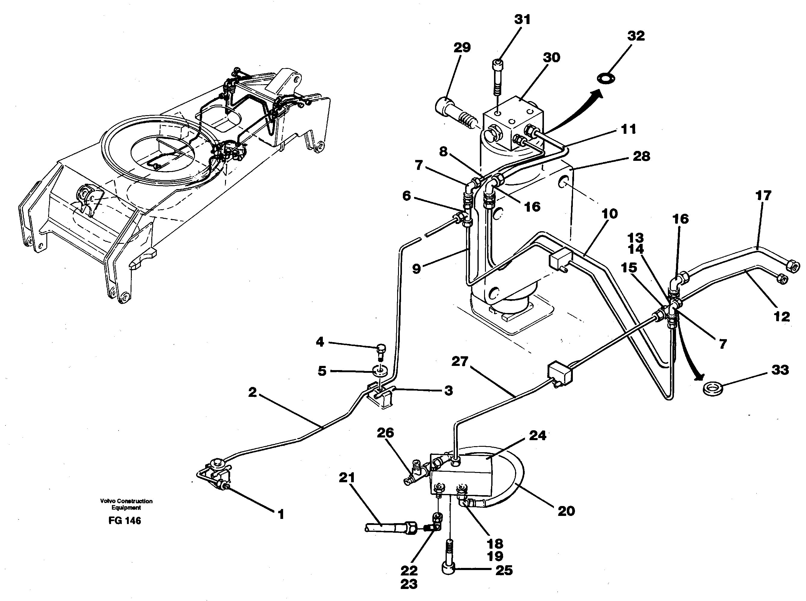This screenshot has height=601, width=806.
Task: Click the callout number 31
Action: (x=522, y=20)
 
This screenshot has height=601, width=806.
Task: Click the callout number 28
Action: (x=641, y=156)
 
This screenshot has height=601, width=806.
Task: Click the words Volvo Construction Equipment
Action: (x=126, y=504)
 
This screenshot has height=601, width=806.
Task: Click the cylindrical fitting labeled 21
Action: (x=390, y=527)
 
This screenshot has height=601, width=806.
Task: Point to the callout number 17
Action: (x=763, y=196)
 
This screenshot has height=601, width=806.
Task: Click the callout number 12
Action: (x=782, y=317)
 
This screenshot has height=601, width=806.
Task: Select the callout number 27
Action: (x=459, y=362)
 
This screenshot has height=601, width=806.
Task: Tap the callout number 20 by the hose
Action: (x=566, y=511)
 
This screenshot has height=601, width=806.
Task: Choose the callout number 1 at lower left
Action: (x=281, y=514)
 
